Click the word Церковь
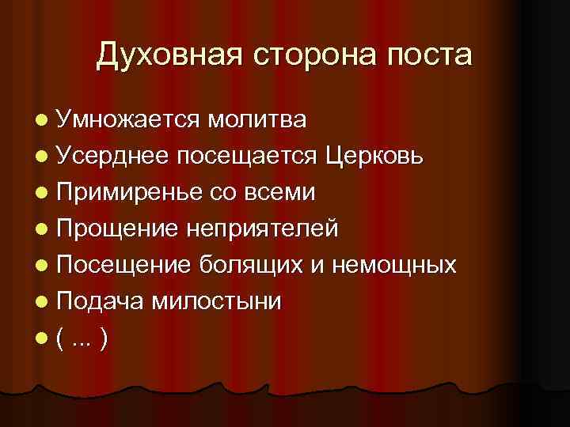(x=378, y=157)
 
